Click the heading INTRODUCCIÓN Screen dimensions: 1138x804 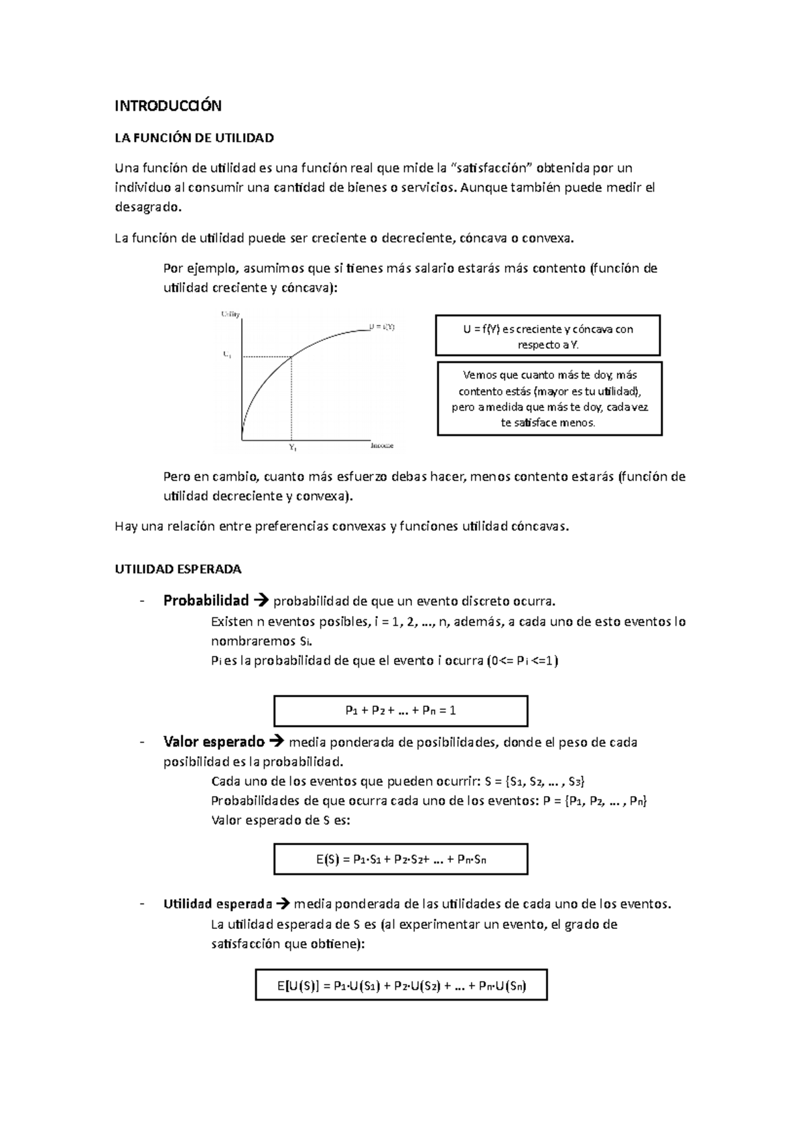tap(167, 106)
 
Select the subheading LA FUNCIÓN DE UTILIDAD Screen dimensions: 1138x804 tap(194, 138)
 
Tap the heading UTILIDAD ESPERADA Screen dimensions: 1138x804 tap(178, 569)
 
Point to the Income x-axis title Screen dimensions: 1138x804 tap(381, 446)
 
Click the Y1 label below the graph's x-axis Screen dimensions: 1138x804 tap(293, 446)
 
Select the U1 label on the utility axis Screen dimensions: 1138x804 tap(227, 355)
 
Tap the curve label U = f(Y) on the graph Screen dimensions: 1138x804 tap(382, 327)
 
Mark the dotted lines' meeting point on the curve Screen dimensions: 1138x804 tap(291, 357)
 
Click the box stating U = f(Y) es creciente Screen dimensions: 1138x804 tap(547, 336)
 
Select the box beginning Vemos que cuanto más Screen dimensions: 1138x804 tap(549, 399)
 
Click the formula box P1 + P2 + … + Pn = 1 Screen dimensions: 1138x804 tap(401, 710)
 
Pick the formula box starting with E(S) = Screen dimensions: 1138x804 tap(401, 859)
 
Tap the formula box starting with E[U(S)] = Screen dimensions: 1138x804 tap(401, 985)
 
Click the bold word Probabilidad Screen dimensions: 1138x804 tap(206, 600)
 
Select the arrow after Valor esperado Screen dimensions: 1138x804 tap(276, 742)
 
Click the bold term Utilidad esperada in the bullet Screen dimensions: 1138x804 tap(218, 903)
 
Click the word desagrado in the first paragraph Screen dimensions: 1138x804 tap(147, 207)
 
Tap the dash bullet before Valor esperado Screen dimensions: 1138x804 tap(141, 742)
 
